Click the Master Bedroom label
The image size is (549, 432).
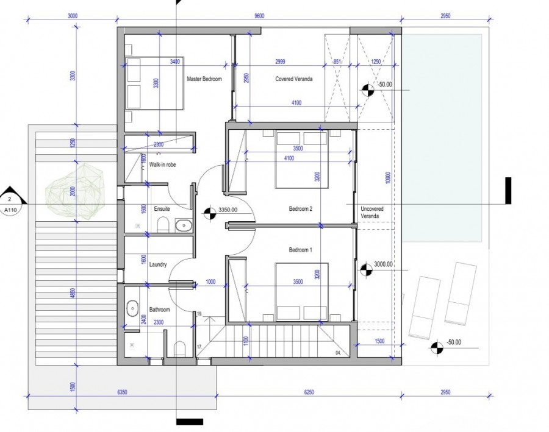204,79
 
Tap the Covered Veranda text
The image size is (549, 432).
289,79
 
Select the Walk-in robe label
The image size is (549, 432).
162,165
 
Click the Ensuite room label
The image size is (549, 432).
162,209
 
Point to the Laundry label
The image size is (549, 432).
157,264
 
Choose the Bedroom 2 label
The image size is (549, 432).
300,209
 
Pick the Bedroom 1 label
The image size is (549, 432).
300,250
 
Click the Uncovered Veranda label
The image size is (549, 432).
371,212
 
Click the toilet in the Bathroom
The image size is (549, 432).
179,349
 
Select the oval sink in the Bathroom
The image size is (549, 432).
132,310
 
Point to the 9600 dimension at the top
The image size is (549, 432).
259,16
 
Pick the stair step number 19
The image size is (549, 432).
199,313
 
